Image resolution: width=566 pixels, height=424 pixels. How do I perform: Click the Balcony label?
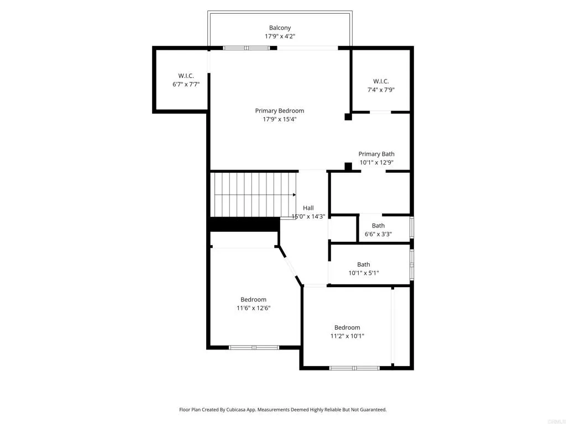[280, 28]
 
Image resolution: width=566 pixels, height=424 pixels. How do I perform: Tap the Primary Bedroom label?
[279, 110]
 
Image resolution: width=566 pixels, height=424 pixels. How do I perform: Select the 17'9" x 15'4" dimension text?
[279, 119]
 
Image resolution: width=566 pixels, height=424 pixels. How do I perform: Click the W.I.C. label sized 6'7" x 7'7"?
[185, 76]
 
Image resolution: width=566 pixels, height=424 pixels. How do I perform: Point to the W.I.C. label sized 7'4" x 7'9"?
[381, 81]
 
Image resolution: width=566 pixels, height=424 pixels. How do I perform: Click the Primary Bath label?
[376, 154]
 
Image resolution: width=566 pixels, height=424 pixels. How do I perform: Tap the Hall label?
[308, 208]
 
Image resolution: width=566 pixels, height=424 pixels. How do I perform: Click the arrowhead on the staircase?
[294, 194]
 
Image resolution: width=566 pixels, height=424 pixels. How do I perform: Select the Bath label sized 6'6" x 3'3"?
[378, 225]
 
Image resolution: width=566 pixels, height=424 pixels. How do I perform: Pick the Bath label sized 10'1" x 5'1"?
[363, 264]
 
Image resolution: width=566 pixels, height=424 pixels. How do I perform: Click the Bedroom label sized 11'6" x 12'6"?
[253, 299]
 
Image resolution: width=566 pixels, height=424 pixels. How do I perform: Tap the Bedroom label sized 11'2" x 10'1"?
[347, 327]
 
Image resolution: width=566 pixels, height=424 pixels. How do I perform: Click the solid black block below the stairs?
[244, 224]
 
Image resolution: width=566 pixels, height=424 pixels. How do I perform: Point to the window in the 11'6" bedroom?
[254, 347]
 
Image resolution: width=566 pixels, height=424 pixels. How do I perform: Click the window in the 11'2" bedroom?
[354, 368]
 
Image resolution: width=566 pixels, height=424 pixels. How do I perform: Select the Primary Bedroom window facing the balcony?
[246, 48]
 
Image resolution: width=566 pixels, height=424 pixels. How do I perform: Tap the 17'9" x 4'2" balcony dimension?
[280, 36]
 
